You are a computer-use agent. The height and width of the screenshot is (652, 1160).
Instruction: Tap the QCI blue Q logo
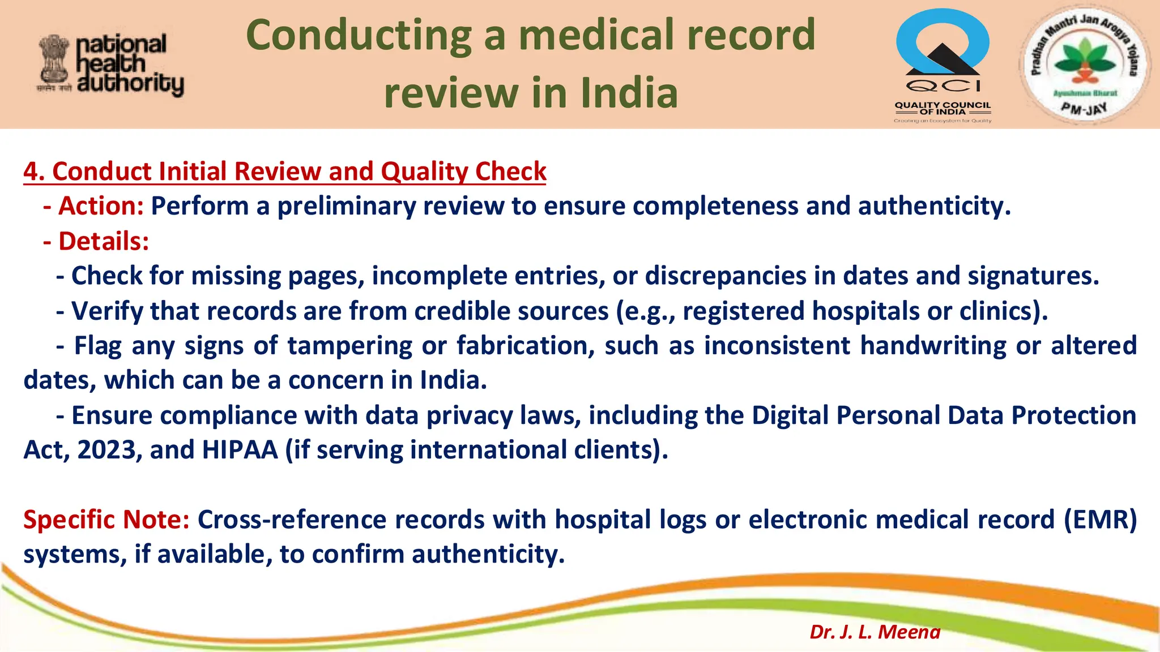(x=942, y=45)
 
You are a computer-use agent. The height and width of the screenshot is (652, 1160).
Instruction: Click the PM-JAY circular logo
(x=1084, y=63)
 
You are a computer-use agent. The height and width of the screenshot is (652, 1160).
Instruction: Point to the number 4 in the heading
(x=31, y=171)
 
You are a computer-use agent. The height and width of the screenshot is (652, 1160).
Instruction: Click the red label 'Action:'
(x=101, y=206)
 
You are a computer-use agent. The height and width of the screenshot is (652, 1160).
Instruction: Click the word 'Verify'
(x=107, y=311)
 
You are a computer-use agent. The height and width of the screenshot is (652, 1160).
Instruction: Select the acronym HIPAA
(x=240, y=450)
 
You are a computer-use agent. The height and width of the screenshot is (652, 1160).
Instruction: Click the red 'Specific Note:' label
(x=106, y=520)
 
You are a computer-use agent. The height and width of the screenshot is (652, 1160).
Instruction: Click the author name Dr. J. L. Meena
(x=875, y=632)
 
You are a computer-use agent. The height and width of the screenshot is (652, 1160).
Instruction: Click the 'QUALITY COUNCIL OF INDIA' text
(x=942, y=108)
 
